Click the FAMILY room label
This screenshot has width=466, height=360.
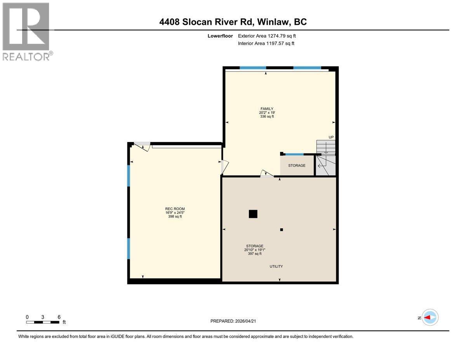pyautogui.click(x=267, y=109)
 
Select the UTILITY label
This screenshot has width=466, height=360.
pyautogui.click(x=276, y=266)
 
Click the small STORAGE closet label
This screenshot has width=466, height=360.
pyautogui.click(x=297, y=165)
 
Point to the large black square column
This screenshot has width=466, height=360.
pyautogui.click(x=253, y=214)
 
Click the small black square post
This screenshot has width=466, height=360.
pyautogui.click(x=282, y=230)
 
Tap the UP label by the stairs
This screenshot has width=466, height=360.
pyautogui.click(x=331, y=137)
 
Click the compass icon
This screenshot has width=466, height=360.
pyautogui.click(x=430, y=317)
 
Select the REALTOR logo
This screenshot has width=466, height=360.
pyautogui.click(x=26, y=31)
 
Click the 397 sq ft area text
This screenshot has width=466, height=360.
pyautogui.click(x=255, y=254)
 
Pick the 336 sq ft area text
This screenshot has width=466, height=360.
pyautogui.click(x=267, y=117)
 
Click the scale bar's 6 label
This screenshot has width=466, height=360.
pyautogui.click(x=59, y=317)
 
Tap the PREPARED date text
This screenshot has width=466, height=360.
pyautogui.click(x=233, y=321)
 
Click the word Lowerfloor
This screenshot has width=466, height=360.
pyautogui.click(x=220, y=36)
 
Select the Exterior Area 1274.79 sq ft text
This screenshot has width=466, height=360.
pyautogui.click(x=270, y=36)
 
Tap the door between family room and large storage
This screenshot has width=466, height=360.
pyautogui.click(x=267, y=174)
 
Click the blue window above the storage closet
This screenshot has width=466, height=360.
pyautogui.click(x=294, y=154)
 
